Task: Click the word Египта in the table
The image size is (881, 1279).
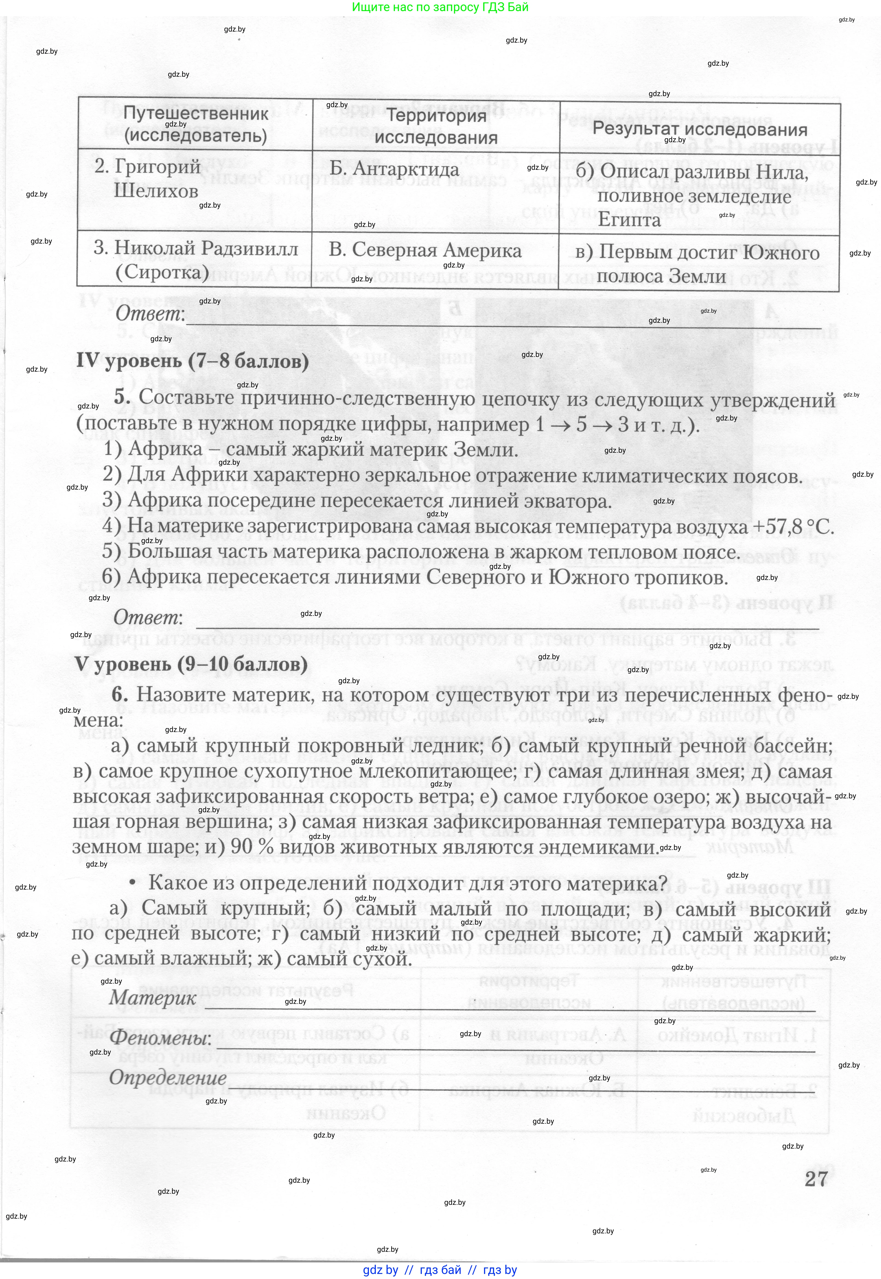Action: [629, 220]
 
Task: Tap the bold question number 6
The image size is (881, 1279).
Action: [120, 694]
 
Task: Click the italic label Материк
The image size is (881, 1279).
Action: [152, 997]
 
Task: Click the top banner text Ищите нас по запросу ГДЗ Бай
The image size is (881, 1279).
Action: [440, 7]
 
